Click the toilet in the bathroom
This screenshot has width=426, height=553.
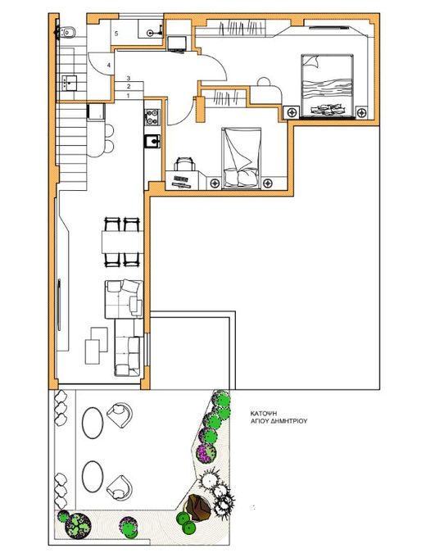(x=65, y=33)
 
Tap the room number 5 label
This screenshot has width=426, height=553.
(x=116, y=34)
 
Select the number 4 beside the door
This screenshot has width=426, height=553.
(x=109, y=66)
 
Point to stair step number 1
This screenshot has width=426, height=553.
(x=129, y=96)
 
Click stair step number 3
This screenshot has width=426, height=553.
(x=129, y=78)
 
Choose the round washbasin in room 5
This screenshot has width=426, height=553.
(x=151, y=33)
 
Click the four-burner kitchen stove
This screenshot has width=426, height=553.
(x=152, y=117)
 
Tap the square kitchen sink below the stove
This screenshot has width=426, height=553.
(x=152, y=141)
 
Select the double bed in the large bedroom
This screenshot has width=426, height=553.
(x=327, y=85)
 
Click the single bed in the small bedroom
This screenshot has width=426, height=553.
(x=241, y=158)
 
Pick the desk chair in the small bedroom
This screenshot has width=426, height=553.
(x=185, y=164)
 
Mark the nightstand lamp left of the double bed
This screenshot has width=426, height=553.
(x=292, y=113)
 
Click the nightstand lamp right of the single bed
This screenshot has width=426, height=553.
(x=268, y=183)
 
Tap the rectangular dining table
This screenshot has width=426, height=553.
(x=122, y=242)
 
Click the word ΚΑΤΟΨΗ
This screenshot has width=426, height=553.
(x=263, y=414)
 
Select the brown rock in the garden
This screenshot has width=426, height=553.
(x=198, y=507)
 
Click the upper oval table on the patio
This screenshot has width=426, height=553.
(x=93, y=423)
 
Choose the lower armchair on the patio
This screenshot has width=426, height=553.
(x=119, y=487)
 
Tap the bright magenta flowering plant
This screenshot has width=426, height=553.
(x=206, y=453)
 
